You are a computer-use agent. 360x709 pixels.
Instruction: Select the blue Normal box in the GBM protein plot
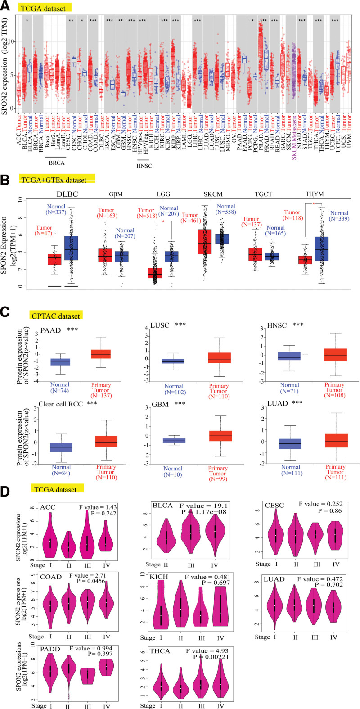point(174,440)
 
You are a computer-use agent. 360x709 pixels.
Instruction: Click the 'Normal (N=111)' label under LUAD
point(291,470)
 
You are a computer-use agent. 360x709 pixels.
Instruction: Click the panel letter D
point(6,491)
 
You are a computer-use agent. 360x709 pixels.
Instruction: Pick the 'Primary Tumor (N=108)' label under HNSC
point(334,391)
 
